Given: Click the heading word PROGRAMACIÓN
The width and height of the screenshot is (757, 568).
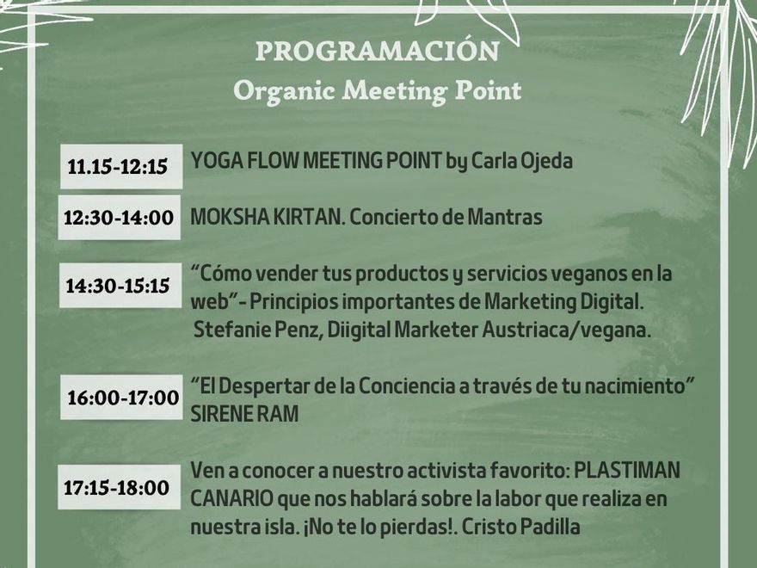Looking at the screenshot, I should tap(377, 51).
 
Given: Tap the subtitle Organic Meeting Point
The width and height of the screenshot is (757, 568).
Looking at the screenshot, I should tap(377, 90).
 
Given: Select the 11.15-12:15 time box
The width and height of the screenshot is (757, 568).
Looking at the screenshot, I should tap(118, 167).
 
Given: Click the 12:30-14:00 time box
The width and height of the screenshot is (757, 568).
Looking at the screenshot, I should tap(119, 218).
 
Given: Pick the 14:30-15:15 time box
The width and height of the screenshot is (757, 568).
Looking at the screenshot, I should tap(119, 286).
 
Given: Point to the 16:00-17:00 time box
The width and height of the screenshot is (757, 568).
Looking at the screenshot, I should tap(123, 398).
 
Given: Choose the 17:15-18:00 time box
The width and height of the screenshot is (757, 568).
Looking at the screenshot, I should tap(117, 488).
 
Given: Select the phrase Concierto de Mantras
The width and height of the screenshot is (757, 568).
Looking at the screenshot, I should tap(446, 218).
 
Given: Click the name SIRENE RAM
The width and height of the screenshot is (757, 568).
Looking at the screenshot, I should tap(244, 414).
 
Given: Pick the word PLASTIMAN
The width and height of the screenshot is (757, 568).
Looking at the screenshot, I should tap(627, 471).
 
